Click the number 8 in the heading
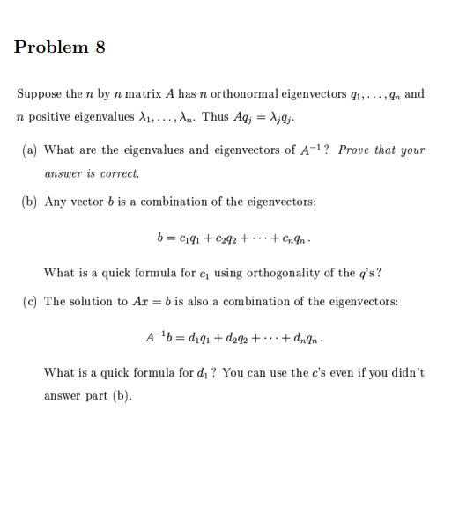pyautogui.click(x=100, y=48)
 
